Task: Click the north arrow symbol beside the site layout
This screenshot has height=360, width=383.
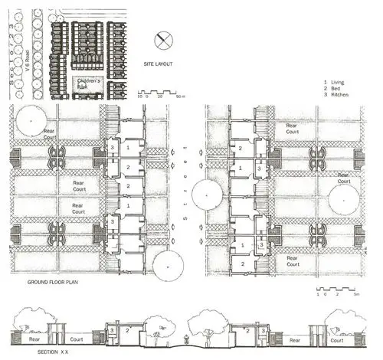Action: coord(164,39)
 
